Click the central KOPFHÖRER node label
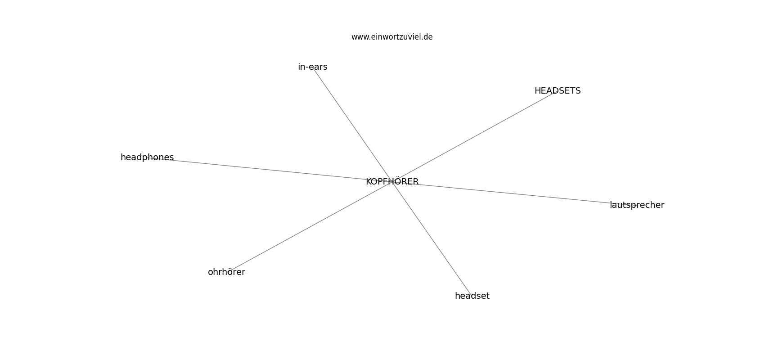click(x=392, y=181)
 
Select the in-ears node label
click(x=312, y=67)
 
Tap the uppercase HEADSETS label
click(x=558, y=91)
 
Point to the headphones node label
click(x=147, y=157)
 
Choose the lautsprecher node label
click(x=637, y=205)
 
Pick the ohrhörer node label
click(x=226, y=272)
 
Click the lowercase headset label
click(x=472, y=296)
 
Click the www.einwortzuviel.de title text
click(x=392, y=37)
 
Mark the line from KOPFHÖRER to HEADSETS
click(x=475, y=136)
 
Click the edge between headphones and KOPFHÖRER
click(x=270, y=169)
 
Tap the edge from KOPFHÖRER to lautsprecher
click(x=514, y=193)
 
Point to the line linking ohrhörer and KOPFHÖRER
click(x=309, y=227)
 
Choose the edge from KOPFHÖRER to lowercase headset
click(x=432, y=238)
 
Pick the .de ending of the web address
click(x=427, y=37)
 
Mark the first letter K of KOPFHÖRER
click(x=369, y=182)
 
